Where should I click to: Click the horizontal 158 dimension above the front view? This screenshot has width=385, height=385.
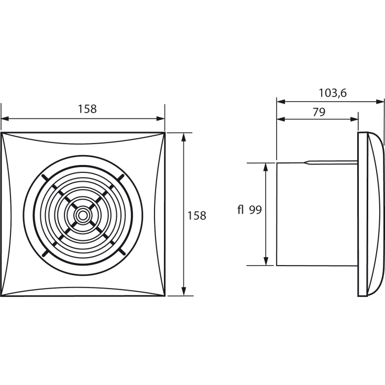coord(87,109)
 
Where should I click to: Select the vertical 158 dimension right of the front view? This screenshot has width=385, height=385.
coord(197,215)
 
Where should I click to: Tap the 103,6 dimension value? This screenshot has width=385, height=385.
coord(333,93)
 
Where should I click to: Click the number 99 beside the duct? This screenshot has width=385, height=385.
coord(256,210)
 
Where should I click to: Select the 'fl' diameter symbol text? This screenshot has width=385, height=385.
coord(241,210)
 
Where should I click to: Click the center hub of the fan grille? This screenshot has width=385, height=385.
coord(83,214)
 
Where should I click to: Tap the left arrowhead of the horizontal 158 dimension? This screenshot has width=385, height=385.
coord(5,118)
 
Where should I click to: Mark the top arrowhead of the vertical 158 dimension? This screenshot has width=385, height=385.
coord(183,136)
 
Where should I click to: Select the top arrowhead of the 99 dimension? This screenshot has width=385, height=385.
coord(266,166)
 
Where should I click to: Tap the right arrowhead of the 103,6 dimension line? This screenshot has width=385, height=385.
coord(381,102)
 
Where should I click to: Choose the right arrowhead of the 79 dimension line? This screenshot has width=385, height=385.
coord(355,119)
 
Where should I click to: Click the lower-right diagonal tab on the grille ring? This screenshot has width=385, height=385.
coord(121,252)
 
